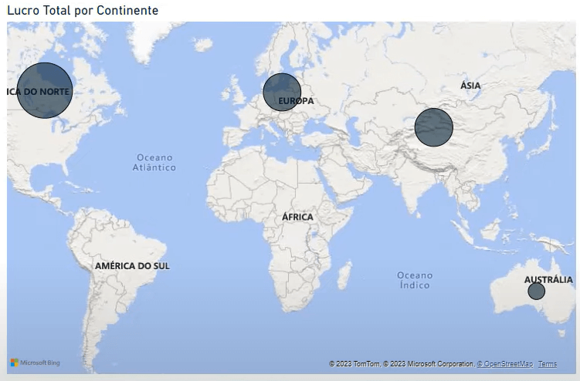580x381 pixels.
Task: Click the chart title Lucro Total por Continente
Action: [83, 10]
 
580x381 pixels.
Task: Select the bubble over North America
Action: [45, 90]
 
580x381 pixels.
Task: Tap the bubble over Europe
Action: [282, 92]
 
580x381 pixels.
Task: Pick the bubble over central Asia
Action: [433, 127]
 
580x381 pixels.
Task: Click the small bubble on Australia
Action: [536, 292]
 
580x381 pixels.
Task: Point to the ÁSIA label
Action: [470, 86]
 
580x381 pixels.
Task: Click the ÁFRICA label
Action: [297, 217]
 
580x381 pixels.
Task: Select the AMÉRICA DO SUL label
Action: [132, 266]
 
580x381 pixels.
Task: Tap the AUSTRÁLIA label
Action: [548, 280]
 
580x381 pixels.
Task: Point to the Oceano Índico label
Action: [415, 280]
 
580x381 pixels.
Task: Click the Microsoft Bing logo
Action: [35, 362]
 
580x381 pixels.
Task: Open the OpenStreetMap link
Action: [506, 364]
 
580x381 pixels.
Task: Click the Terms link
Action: [547, 364]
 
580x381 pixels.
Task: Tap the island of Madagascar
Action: [344, 275]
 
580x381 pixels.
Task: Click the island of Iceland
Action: [203, 45]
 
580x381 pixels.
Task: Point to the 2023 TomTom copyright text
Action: [354, 364]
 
